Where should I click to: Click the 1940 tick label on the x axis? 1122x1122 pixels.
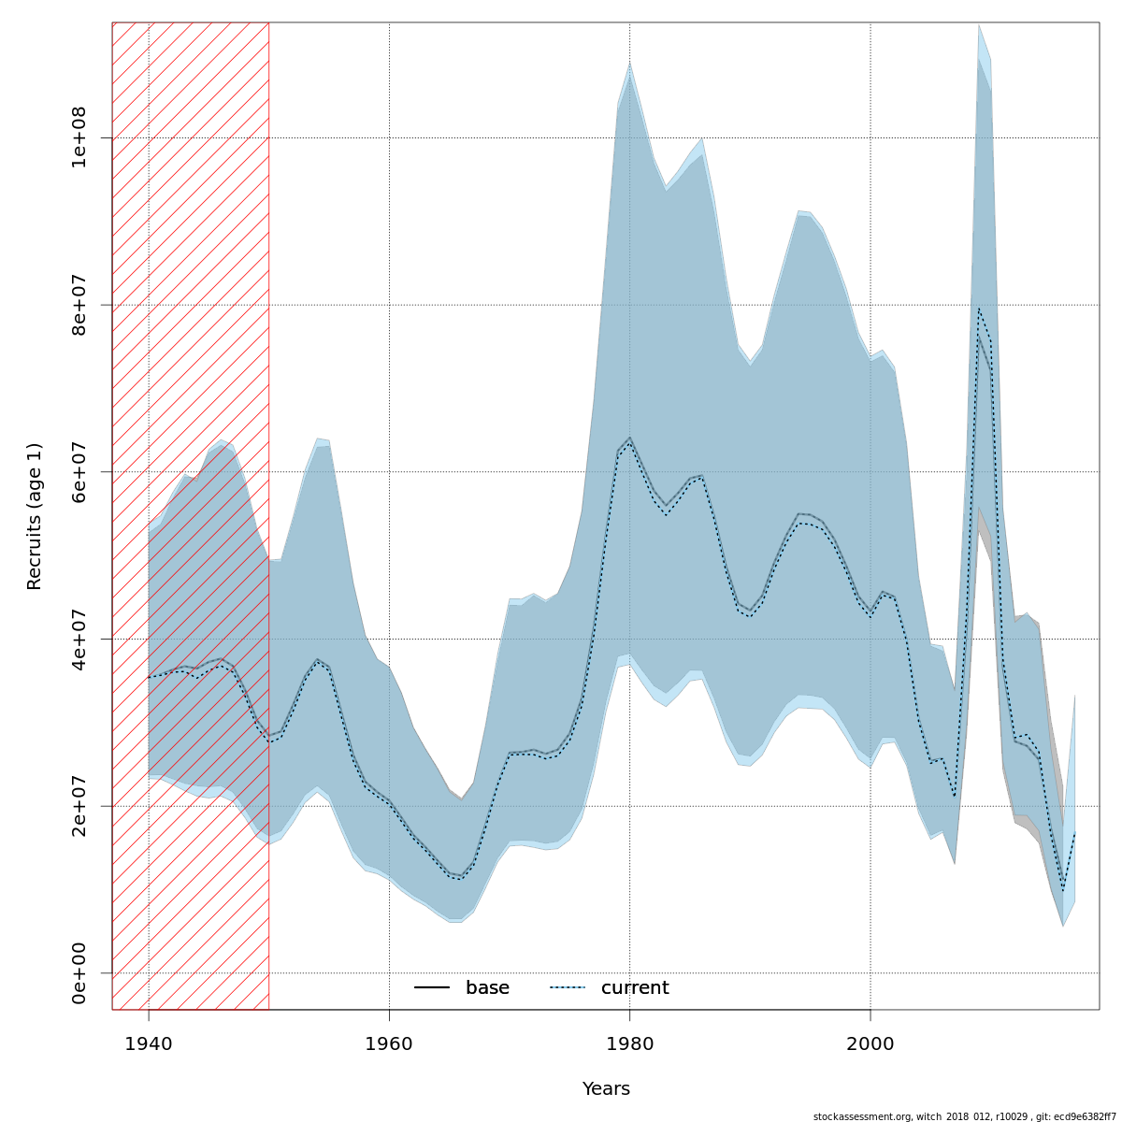tap(149, 1043)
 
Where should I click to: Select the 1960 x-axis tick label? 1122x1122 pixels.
tap(389, 1043)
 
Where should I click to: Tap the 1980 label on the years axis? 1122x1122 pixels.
tap(629, 1043)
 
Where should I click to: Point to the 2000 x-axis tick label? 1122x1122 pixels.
tap(870, 1043)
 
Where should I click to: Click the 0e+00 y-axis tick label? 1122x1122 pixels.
tap(79, 972)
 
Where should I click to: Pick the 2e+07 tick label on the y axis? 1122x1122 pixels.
tap(79, 806)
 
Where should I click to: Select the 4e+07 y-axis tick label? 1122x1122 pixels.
tap(79, 639)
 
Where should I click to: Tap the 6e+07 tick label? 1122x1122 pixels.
tap(79, 472)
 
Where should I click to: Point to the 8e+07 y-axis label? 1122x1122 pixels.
tap(79, 305)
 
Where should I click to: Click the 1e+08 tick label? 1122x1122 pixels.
tap(79, 137)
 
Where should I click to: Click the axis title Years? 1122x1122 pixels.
tap(606, 1089)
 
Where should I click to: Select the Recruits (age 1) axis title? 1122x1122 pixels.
tap(35, 516)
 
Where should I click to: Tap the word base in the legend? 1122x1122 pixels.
tap(487, 988)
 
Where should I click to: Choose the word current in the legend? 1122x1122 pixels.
tap(635, 988)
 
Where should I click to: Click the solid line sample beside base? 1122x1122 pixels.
tap(432, 988)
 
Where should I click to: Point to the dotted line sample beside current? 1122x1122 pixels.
tap(568, 988)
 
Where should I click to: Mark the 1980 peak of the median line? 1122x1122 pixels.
tap(629, 439)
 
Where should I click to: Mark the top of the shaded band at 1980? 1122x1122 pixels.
tap(629, 63)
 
